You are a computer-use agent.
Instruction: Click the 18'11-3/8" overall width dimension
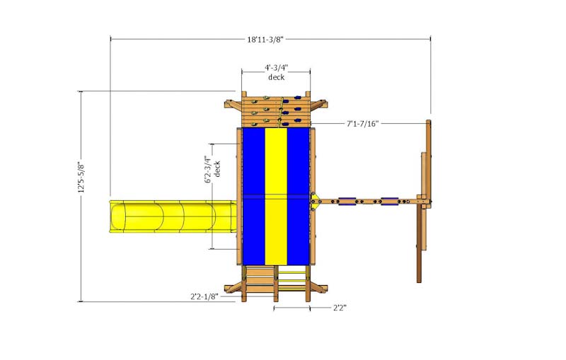click(270, 40)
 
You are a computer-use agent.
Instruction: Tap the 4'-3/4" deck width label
click(276, 69)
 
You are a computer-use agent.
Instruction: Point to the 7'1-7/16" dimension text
click(362, 124)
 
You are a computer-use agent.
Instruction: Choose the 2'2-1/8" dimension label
click(204, 297)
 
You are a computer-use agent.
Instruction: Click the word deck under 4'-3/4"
click(276, 77)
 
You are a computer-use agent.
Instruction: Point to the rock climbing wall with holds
click(276, 110)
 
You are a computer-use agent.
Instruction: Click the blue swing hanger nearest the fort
click(348, 202)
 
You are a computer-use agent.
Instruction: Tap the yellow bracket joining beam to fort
click(315, 202)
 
